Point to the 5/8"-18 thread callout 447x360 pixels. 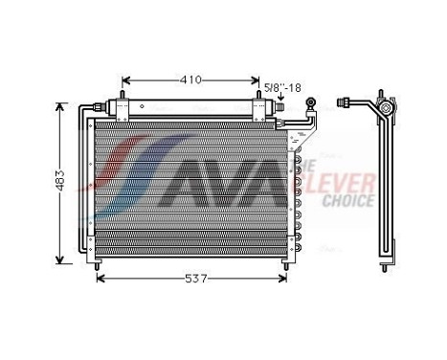[x=285, y=88]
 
